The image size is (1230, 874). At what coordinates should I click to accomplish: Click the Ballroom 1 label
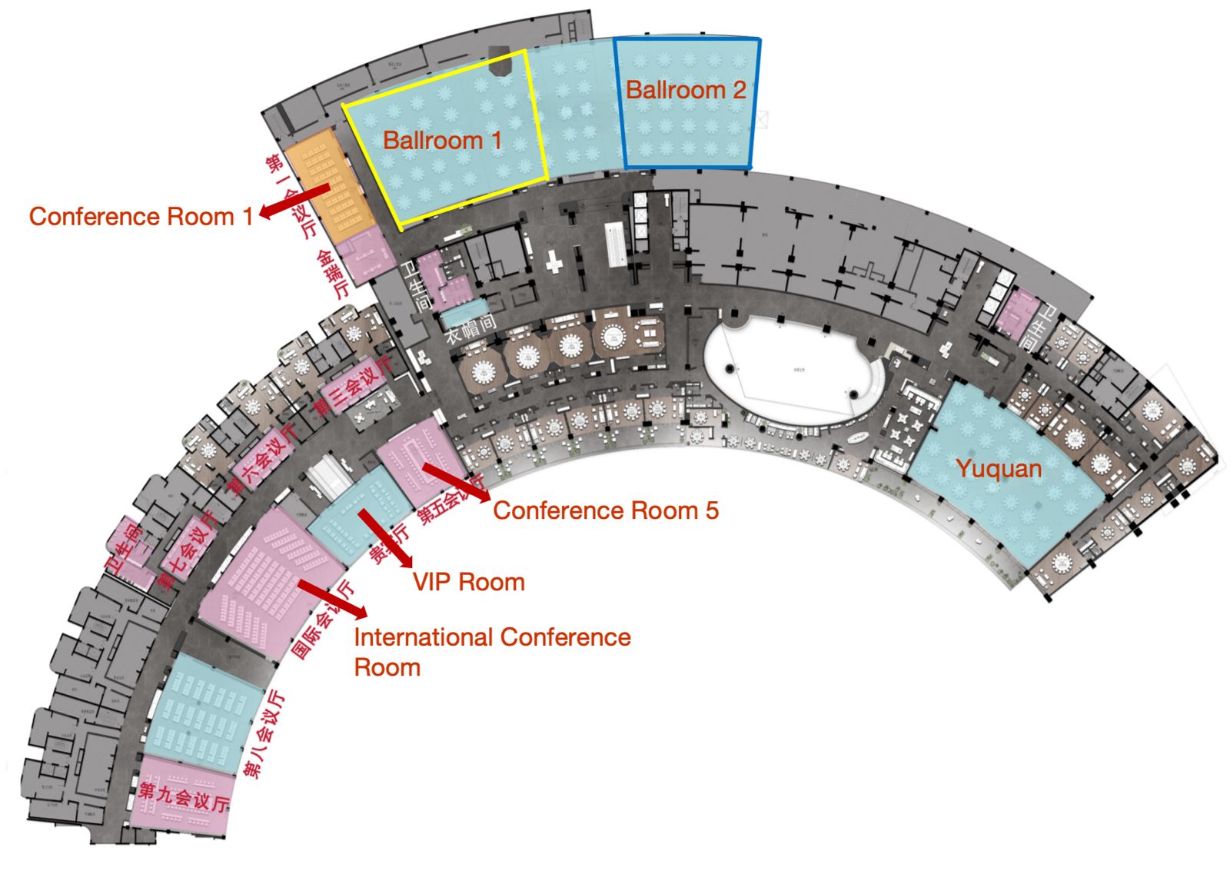coord(442,141)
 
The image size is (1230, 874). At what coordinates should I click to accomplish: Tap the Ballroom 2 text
coord(686,90)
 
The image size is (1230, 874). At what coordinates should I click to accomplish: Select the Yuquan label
coord(999,468)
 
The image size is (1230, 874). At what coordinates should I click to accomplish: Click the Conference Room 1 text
coord(141,217)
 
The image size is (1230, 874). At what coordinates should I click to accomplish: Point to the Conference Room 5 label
coord(606,510)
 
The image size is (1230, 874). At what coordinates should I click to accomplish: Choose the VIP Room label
coord(469,582)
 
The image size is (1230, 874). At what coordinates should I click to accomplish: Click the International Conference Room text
coord(492,652)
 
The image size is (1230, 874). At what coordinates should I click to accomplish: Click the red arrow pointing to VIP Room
coord(385,538)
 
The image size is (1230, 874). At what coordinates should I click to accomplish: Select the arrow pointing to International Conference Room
coord(332,599)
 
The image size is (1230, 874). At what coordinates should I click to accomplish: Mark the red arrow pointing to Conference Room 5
coord(455,482)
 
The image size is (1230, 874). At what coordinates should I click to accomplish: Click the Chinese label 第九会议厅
coord(184,796)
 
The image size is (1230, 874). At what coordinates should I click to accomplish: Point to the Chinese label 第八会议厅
coord(264,735)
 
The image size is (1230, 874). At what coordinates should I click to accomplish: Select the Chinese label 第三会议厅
coord(354,385)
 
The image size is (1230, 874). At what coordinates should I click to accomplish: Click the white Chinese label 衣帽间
coord(470,328)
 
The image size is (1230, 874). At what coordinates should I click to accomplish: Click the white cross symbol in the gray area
coord(553,262)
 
